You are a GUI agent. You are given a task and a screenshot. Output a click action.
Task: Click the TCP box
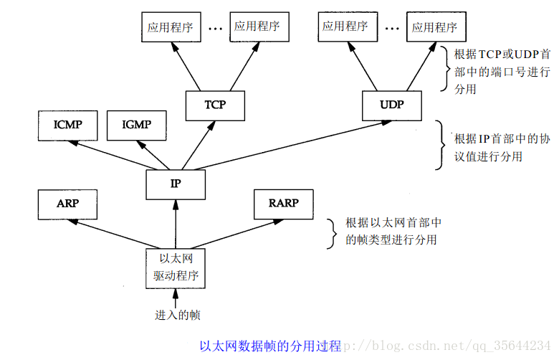215,105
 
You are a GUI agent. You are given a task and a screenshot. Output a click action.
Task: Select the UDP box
391,105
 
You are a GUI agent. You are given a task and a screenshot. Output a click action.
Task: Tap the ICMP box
67,125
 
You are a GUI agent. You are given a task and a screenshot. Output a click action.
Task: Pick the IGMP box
136,125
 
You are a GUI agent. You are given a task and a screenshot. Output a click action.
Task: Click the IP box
176,184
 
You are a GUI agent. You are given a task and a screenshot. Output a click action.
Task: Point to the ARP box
67,204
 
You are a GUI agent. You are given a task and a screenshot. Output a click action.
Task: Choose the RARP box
283,204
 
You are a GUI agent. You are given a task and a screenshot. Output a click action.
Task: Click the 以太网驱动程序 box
176,267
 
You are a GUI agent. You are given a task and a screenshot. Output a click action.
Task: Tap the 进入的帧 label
176,314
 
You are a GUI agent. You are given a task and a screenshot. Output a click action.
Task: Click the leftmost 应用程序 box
171,27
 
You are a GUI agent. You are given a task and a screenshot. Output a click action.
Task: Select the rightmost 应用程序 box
435,27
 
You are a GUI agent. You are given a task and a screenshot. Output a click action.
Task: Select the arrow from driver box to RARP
229,233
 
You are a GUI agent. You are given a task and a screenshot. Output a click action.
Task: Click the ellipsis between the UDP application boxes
391,29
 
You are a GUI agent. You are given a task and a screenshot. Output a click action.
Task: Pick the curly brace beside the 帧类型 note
331,231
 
